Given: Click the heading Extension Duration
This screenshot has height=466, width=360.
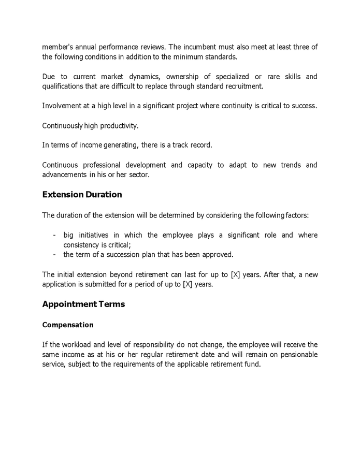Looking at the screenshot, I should [82, 195].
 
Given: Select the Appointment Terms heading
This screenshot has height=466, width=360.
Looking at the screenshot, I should [83, 304].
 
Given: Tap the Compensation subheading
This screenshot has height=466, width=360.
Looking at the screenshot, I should [68, 325].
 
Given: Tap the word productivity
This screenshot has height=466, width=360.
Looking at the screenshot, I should [119, 126].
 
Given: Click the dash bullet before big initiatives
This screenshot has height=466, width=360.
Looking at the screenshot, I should [54, 235].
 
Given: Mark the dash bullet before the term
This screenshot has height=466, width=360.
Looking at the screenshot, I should [54, 254].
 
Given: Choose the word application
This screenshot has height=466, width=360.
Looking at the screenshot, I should [63, 284].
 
